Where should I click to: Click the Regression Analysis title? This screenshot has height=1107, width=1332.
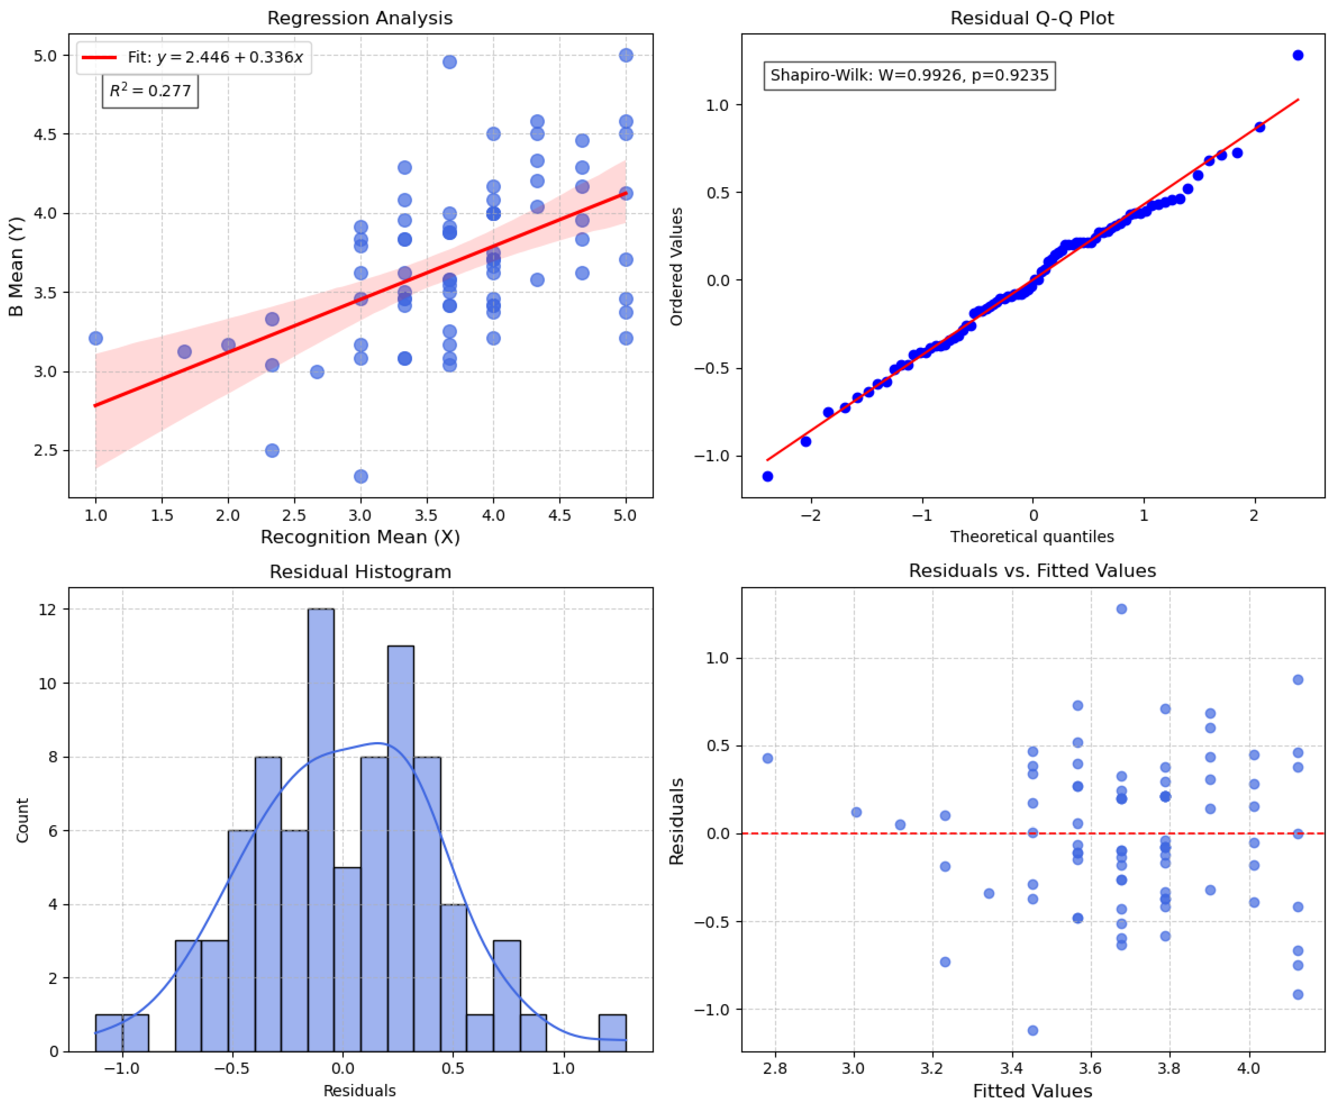coord(360,18)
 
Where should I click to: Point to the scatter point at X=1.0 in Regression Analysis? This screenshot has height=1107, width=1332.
coord(96,338)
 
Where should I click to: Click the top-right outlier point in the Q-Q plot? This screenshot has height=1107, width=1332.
coord(1298,55)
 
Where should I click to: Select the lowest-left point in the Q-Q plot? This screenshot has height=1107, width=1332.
coord(768,476)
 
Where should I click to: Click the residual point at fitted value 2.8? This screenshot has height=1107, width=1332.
coord(768,758)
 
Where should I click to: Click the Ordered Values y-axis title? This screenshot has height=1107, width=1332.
coord(677,266)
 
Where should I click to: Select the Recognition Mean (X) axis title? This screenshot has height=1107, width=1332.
coord(360,537)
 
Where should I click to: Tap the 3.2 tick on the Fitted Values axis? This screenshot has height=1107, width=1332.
coord(932,1068)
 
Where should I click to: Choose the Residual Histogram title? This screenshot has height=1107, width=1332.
coord(360,572)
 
